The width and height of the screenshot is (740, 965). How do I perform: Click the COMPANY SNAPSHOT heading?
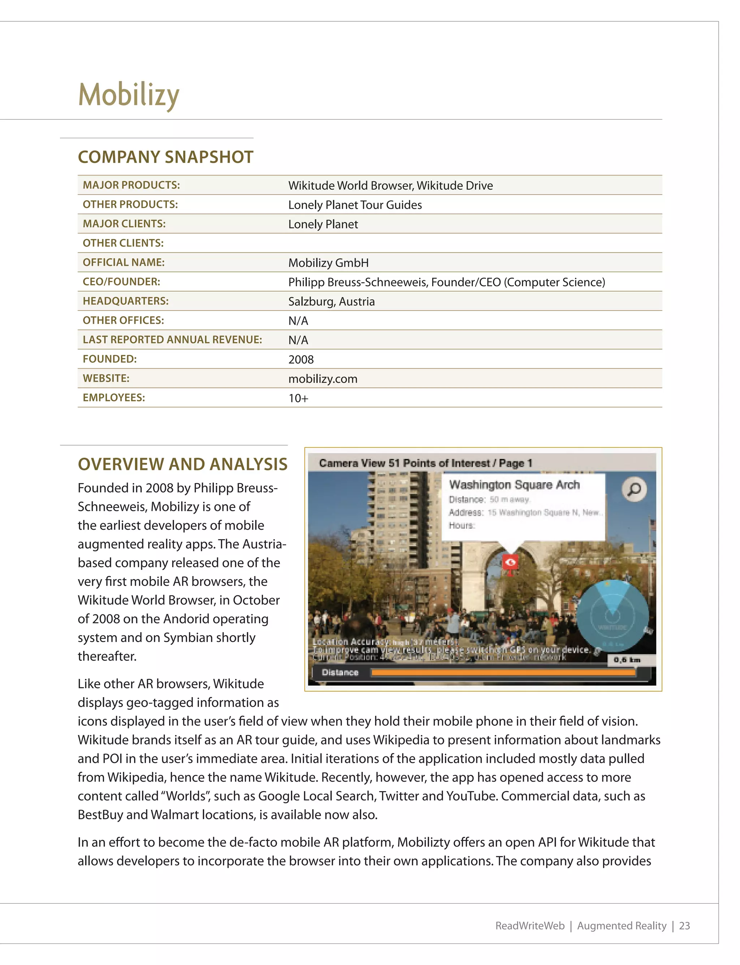click(165, 157)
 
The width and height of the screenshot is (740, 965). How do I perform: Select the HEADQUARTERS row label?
click(125, 301)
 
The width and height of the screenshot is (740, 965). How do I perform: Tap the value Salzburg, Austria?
click(331, 302)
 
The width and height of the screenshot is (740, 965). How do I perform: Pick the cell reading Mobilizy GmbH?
click(328, 262)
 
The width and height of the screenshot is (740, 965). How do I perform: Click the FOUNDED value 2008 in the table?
click(301, 359)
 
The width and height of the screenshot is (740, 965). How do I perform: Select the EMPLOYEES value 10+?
click(298, 398)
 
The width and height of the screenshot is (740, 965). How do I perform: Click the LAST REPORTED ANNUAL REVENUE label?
click(172, 340)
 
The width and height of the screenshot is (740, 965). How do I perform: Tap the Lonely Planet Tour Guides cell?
click(354, 205)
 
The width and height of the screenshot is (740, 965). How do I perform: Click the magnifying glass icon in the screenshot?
click(634, 489)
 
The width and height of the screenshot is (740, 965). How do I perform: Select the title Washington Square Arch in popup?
click(514, 485)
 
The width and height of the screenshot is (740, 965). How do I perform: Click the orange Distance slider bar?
click(503, 672)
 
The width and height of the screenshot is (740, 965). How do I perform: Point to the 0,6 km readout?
click(627, 659)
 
